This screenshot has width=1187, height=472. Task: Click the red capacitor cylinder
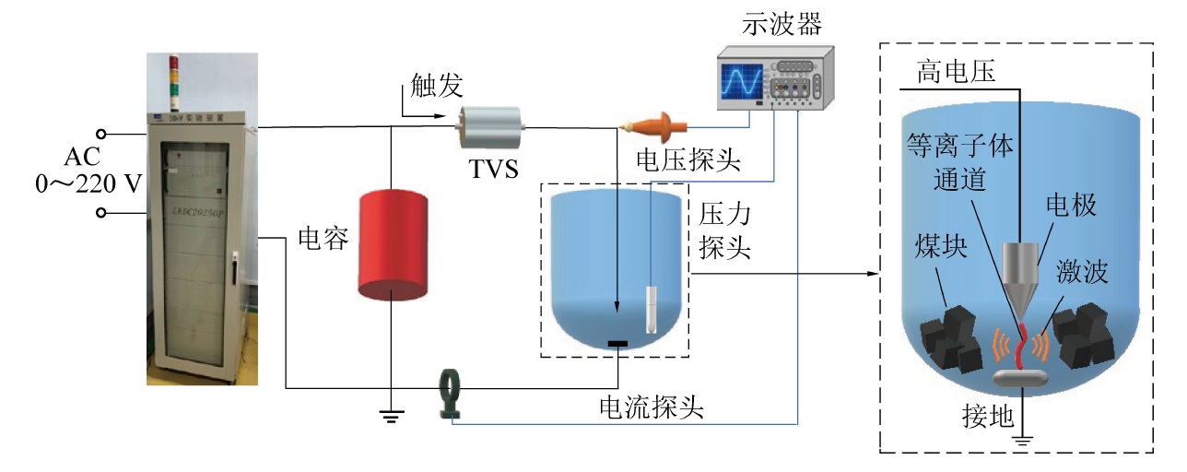pyautogui.click(x=393, y=243)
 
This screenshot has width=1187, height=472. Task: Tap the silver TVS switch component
pyautogui.click(x=491, y=128)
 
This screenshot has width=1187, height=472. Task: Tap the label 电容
pyautogui.click(x=323, y=240)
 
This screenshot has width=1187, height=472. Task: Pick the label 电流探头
pyautogui.click(x=652, y=407)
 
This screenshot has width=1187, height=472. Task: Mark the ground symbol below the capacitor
pyautogui.click(x=392, y=417)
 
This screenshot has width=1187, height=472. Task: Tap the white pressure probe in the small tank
pyautogui.click(x=652, y=309)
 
